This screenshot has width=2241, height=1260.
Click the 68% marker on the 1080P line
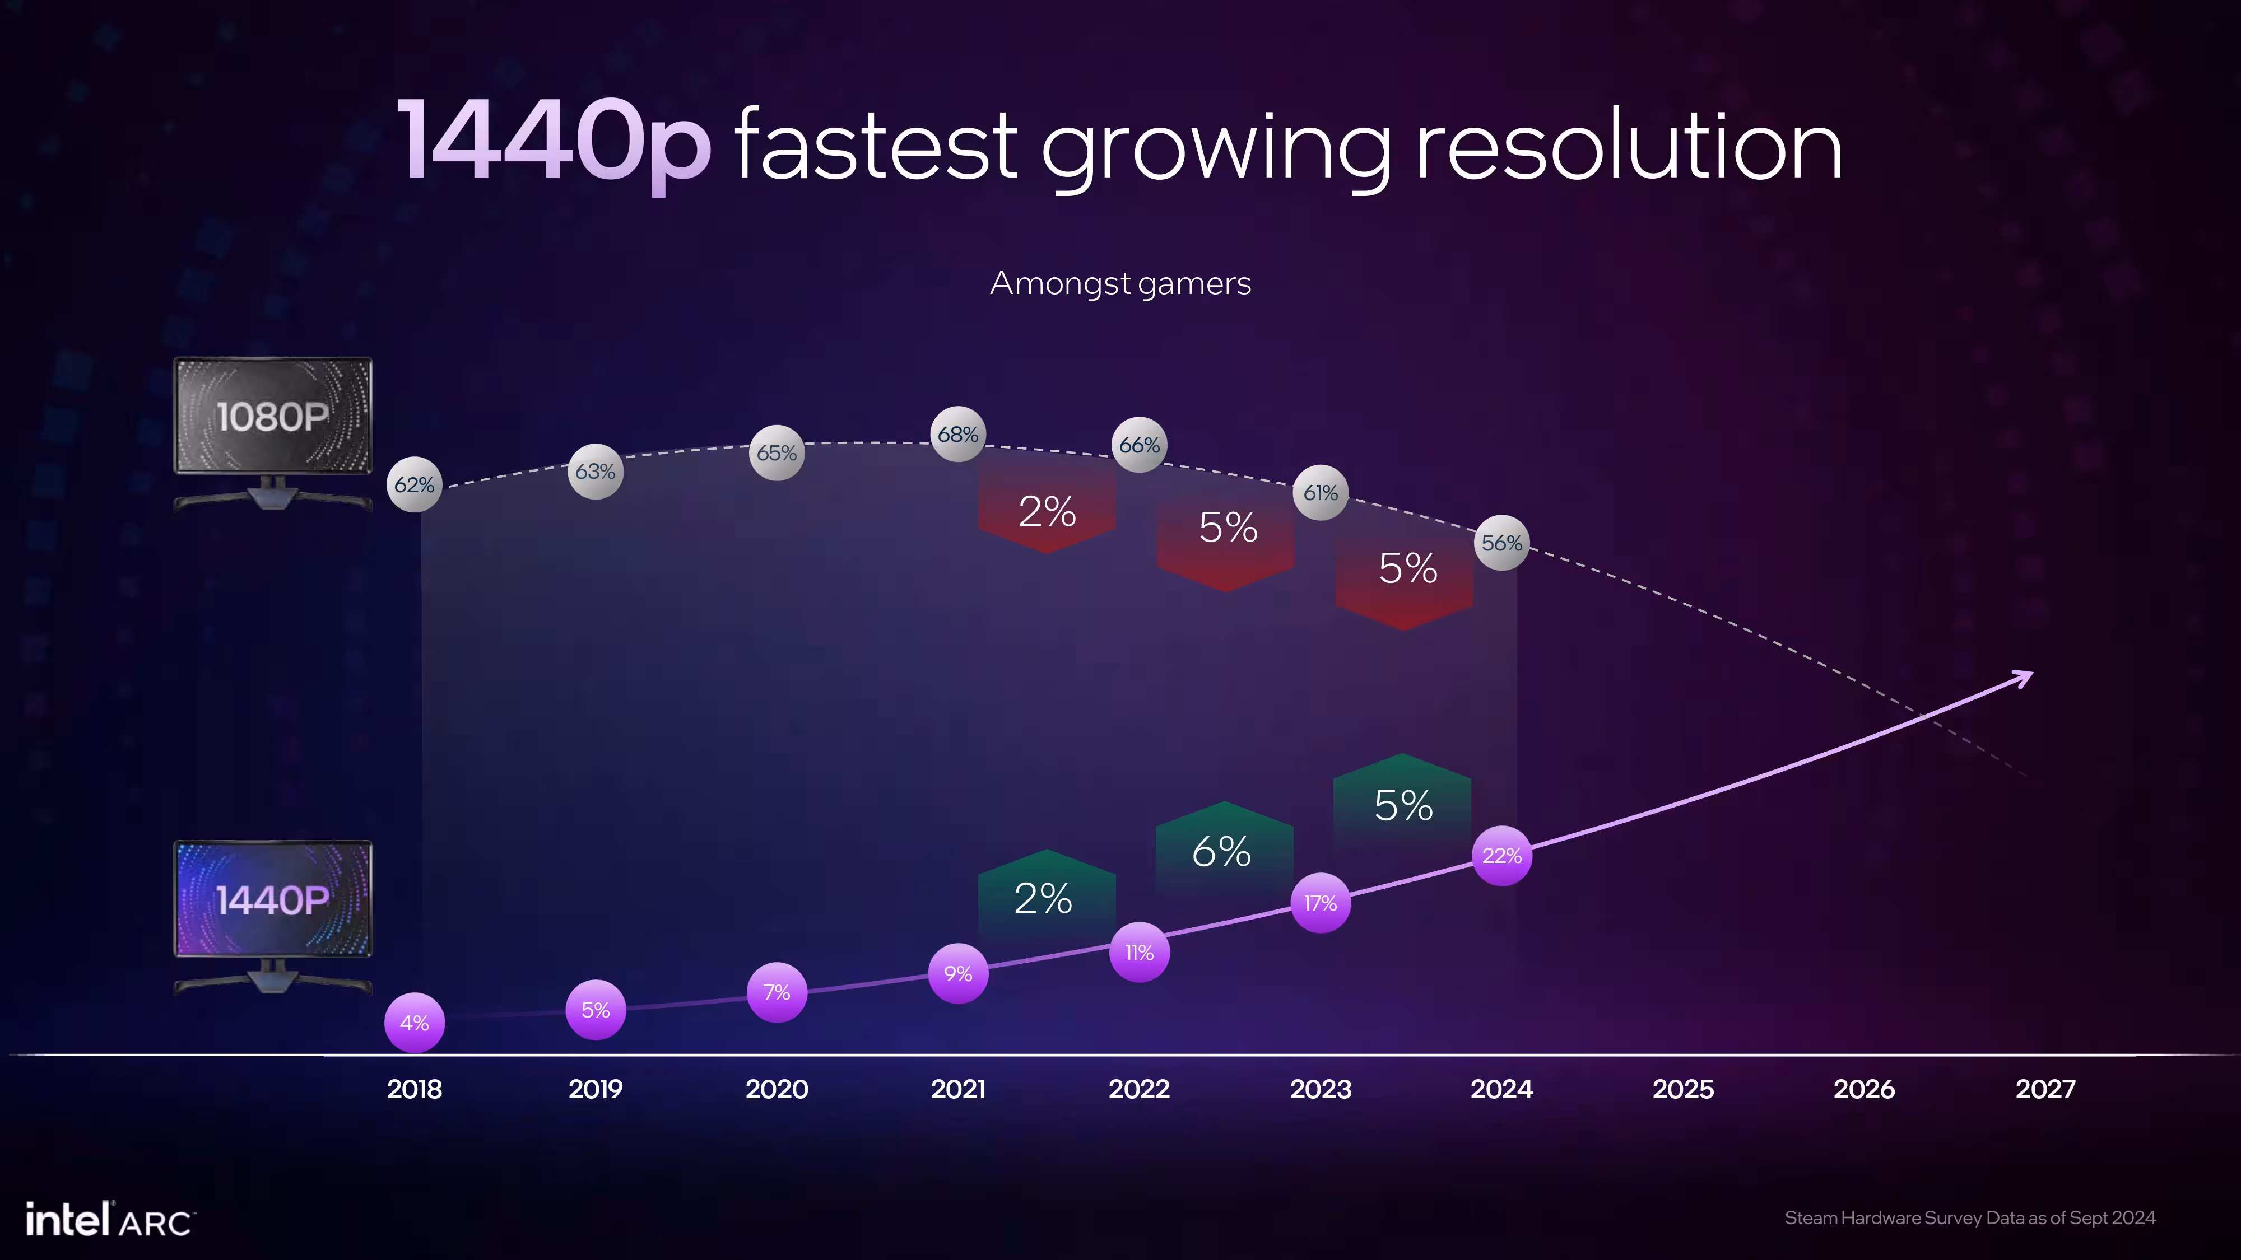coord(958,434)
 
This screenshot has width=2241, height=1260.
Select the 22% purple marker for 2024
coord(1501,856)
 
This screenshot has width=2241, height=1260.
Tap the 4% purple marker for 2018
coord(414,1023)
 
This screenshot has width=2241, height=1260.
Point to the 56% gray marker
coord(1501,543)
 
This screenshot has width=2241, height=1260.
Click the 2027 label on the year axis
coord(2045,1089)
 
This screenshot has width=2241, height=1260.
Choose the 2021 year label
coord(958,1089)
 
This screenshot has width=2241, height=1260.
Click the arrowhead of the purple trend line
coord(2024,676)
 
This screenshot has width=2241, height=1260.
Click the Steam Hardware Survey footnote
coord(1970,1217)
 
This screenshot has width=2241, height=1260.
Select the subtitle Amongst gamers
coord(1120,283)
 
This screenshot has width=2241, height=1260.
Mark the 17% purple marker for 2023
coord(1321,903)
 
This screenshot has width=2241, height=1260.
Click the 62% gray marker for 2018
coord(414,484)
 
